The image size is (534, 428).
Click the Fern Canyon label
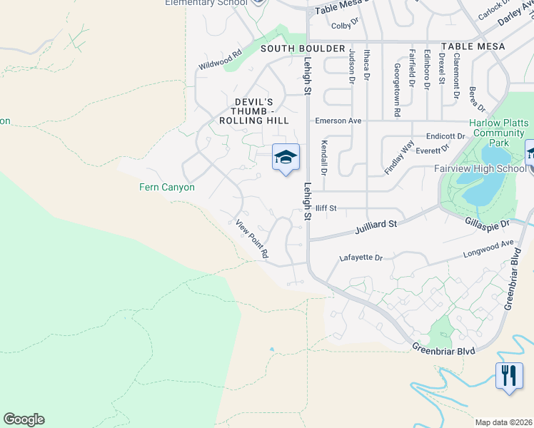[166, 188]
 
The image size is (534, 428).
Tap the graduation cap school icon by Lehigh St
[286, 158]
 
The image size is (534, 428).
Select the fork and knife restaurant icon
[508, 375]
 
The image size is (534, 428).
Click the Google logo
[24, 419]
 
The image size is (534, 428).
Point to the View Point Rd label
[252, 239]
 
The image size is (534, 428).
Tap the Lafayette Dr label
[361, 258]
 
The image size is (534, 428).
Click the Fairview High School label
[480, 169]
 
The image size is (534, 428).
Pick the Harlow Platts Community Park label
[500, 133]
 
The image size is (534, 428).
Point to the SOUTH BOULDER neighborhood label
[293, 48]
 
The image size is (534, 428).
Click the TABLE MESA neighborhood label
[473, 46]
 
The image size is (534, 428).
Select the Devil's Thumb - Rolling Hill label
[254, 111]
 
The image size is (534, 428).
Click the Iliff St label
[326, 208]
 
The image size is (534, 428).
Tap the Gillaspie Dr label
[485, 224]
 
